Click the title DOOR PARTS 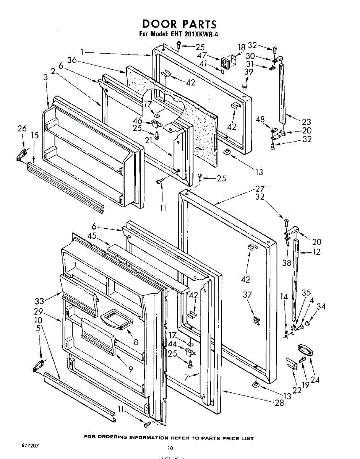click(179, 24)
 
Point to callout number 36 click(72, 60)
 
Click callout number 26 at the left click(22, 129)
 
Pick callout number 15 click(35, 135)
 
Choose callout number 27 click(260, 189)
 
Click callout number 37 click(248, 295)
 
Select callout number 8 click(136, 342)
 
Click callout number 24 click(315, 380)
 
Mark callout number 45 click(92, 236)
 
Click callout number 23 click(306, 122)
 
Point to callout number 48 click(261, 120)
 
